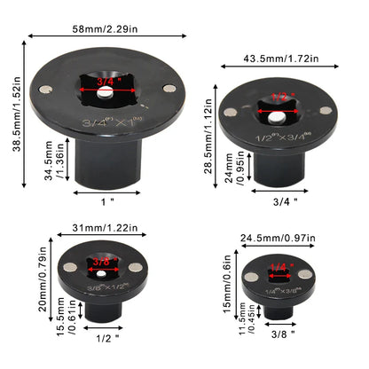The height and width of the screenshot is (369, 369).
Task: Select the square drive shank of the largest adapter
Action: pyautogui.click(x=107, y=165)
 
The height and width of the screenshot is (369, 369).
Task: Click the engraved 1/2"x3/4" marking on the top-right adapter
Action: pyautogui.click(x=284, y=138)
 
